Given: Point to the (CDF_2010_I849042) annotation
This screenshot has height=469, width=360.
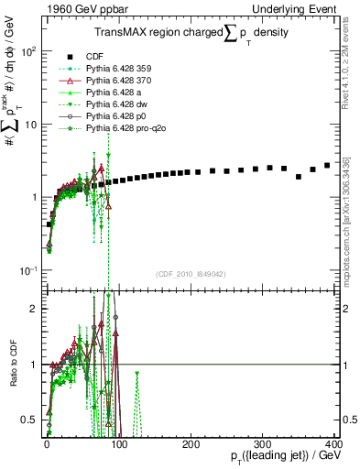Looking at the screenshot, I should [x=190, y=274].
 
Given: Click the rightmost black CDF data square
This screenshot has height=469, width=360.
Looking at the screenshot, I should [x=327, y=166].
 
